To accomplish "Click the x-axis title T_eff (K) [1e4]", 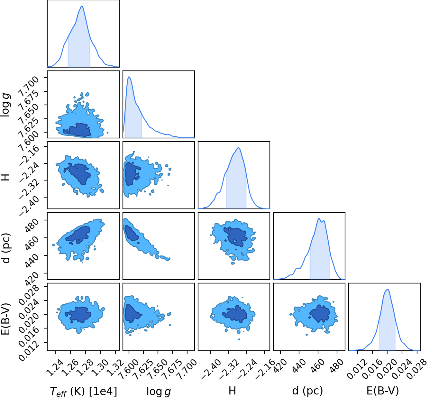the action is pyautogui.click(x=83, y=391).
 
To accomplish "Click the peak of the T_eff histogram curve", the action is pyautogui.click(x=82, y=6).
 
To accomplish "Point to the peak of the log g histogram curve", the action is pyautogui.click(x=129, y=77).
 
